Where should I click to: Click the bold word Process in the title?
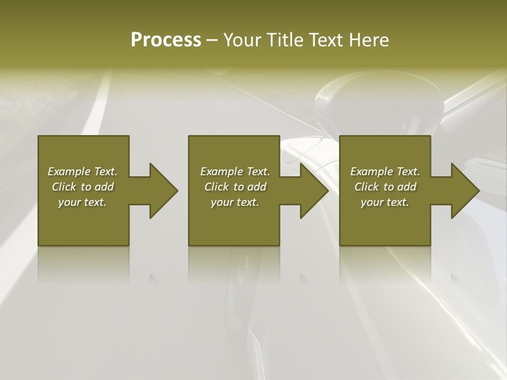(x=166, y=40)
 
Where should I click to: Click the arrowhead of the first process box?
(x=163, y=191)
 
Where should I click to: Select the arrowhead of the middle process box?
(x=314, y=191)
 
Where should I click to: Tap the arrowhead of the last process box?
(x=465, y=191)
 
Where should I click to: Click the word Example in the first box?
(x=69, y=172)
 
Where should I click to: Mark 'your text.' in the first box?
(x=82, y=202)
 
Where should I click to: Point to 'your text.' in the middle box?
(x=235, y=202)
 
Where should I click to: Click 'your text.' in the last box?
(x=385, y=202)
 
